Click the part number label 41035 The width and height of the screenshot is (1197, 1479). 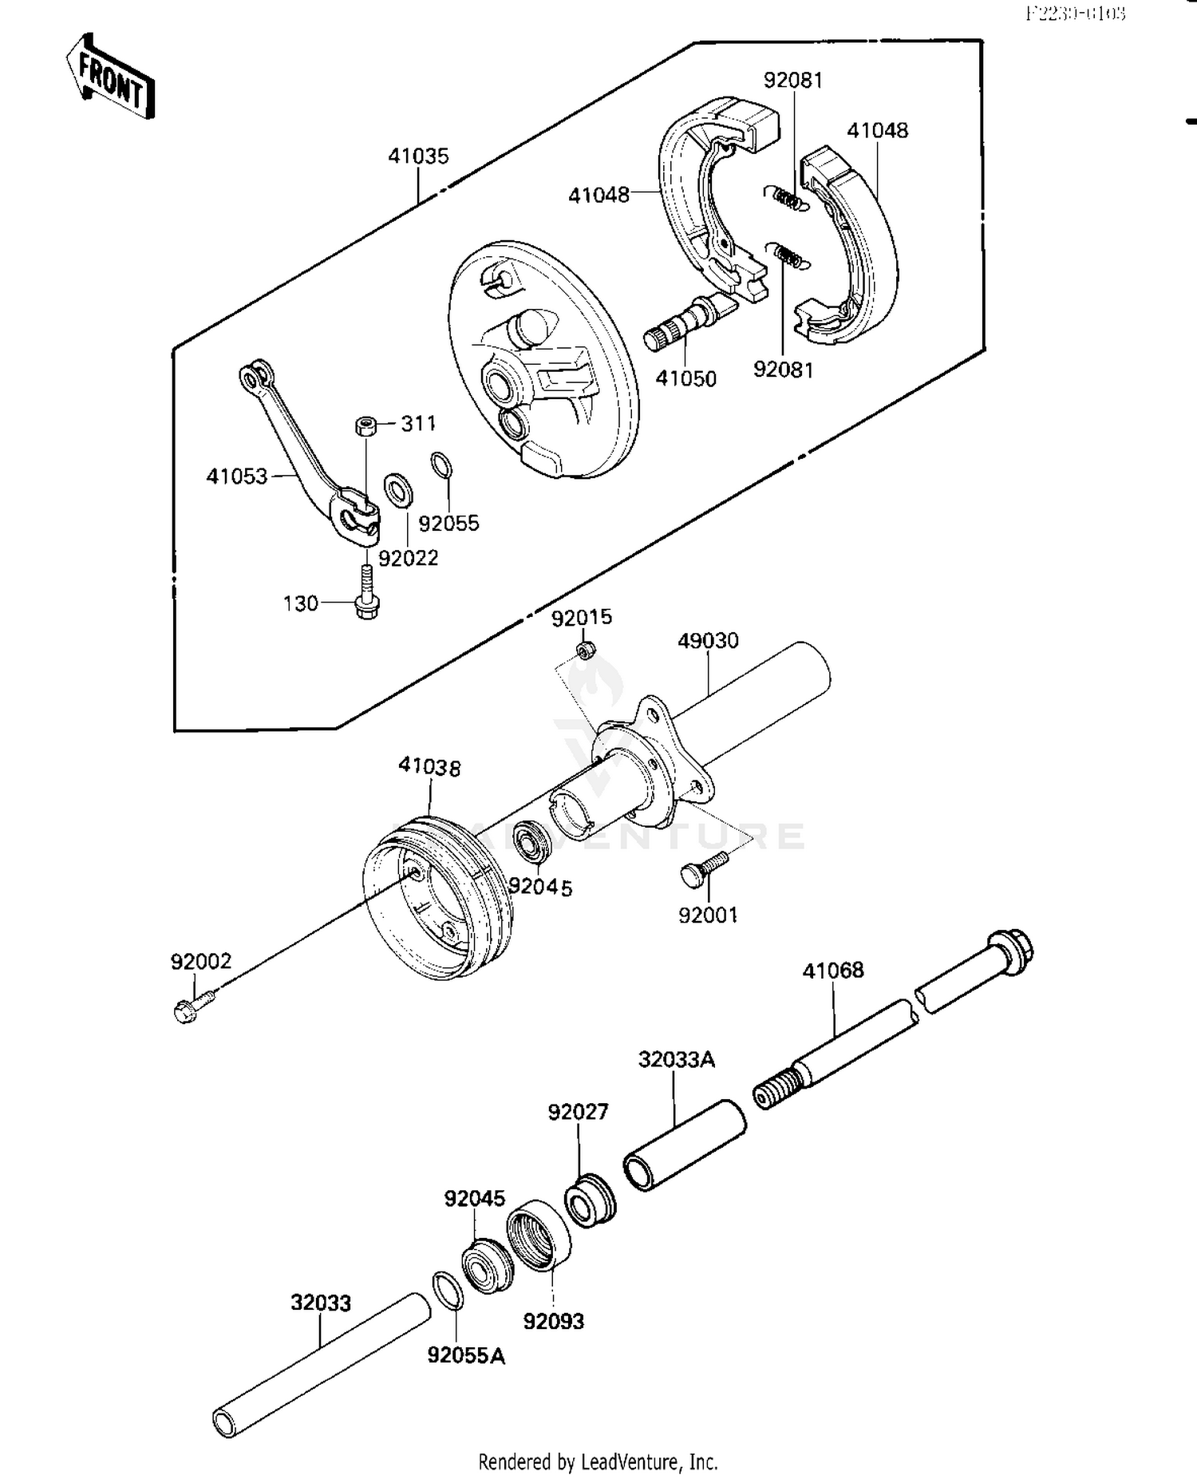pyautogui.click(x=418, y=156)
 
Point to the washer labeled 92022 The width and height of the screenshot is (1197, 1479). pyautogui.click(x=398, y=490)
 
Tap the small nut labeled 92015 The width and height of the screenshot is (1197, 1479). pyautogui.click(x=586, y=651)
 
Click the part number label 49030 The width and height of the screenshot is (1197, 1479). pyautogui.click(x=708, y=640)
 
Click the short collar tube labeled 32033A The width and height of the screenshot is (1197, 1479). pyautogui.click(x=683, y=1146)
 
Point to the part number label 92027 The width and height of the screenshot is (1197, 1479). pyautogui.click(x=578, y=1111)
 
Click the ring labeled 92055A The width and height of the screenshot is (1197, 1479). pyautogui.click(x=447, y=1291)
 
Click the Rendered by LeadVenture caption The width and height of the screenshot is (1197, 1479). pyautogui.click(x=598, y=1461)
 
